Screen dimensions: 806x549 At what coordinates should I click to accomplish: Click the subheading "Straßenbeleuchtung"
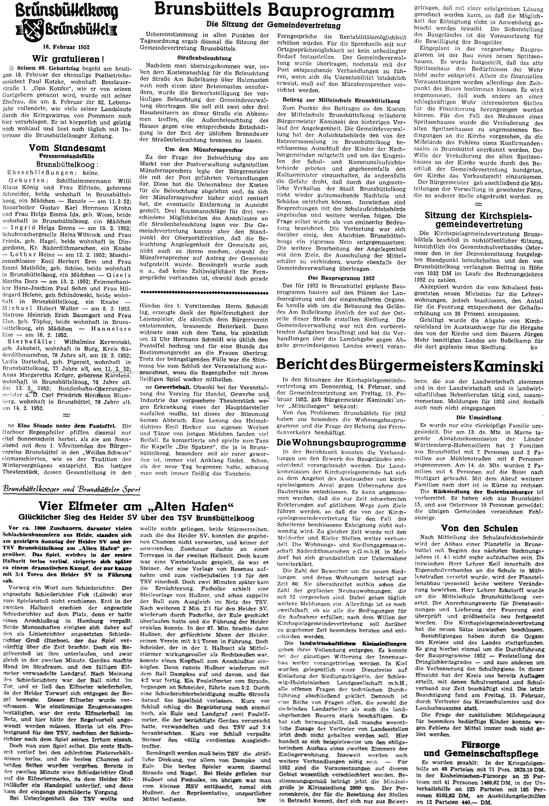point(203,58)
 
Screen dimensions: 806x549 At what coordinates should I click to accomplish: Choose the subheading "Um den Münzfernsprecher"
point(203,150)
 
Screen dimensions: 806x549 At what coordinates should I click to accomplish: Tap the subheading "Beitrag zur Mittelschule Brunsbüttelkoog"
point(341,101)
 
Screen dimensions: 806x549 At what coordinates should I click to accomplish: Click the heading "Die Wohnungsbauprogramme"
point(344,443)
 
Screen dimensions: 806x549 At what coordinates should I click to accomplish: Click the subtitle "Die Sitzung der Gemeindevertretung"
point(274,25)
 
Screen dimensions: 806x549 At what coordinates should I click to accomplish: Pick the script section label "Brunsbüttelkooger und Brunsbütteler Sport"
point(71,490)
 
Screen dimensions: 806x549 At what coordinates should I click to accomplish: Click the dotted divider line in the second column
point(203,293)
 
